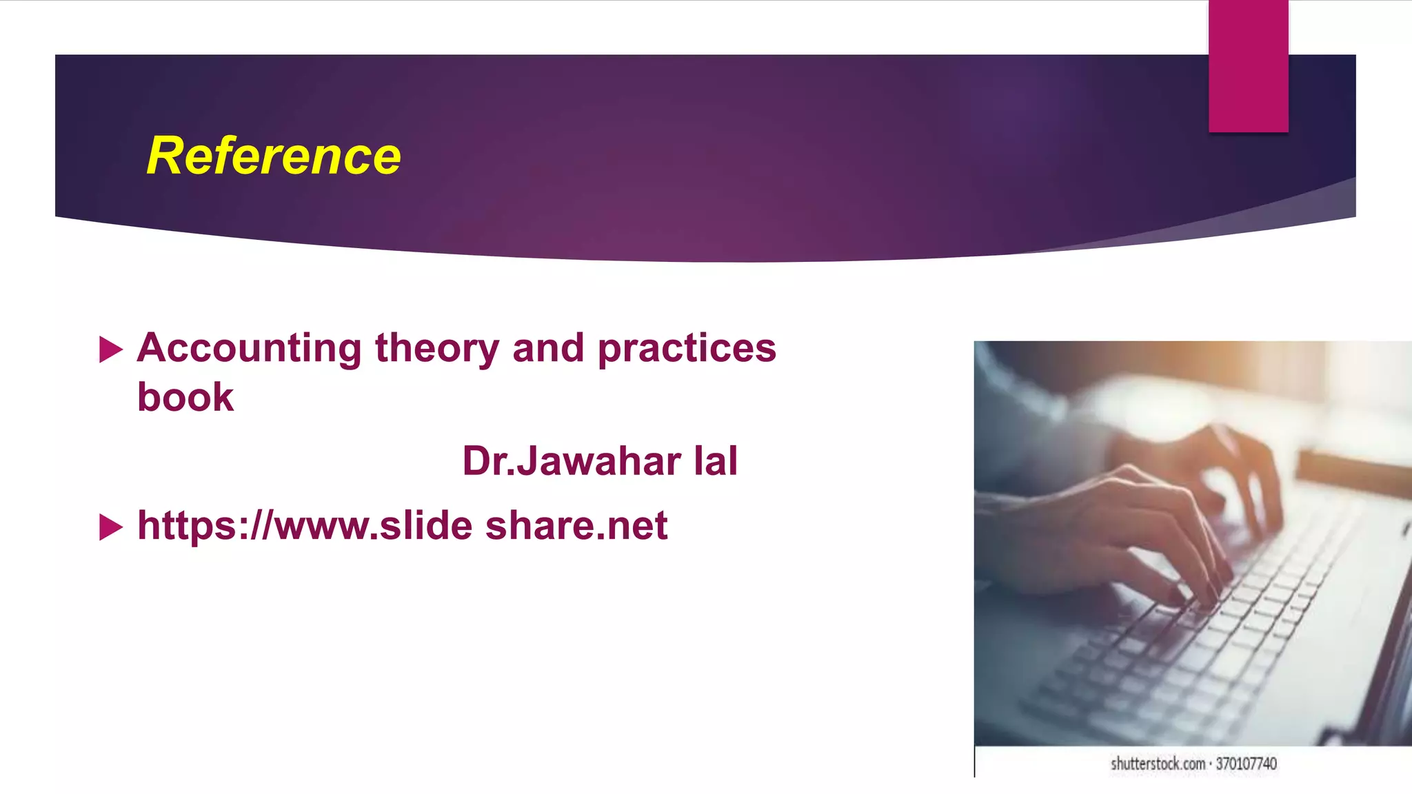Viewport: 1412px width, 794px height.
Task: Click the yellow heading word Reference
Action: click(274, 156)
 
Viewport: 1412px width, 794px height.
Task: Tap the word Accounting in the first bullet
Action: click(249, 348)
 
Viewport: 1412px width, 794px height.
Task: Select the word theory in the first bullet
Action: click(436, 348)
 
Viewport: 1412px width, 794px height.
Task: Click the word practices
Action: click(687, 348)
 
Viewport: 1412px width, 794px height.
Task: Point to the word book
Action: click(185, 398)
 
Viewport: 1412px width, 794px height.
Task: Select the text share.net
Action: click(576, 526)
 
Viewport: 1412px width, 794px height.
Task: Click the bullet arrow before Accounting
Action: click(110, 349)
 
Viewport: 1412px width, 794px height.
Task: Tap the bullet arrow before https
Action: click(110, 527)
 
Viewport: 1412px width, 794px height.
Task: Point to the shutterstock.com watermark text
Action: click(1158, 764)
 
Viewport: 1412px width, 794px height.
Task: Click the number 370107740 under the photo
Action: click(1246, 764)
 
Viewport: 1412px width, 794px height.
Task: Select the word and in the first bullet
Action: click(548, 348)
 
